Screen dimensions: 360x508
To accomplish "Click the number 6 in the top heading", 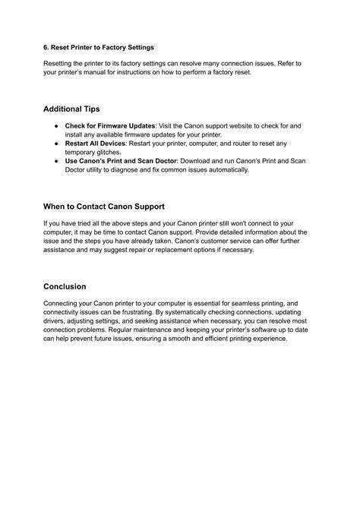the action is (x=46, y=45).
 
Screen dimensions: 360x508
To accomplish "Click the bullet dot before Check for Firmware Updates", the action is (x=56, y=125).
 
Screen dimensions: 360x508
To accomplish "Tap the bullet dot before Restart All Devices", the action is (x=56, y=143).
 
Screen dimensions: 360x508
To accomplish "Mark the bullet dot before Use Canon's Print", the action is (x=56, y=161).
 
